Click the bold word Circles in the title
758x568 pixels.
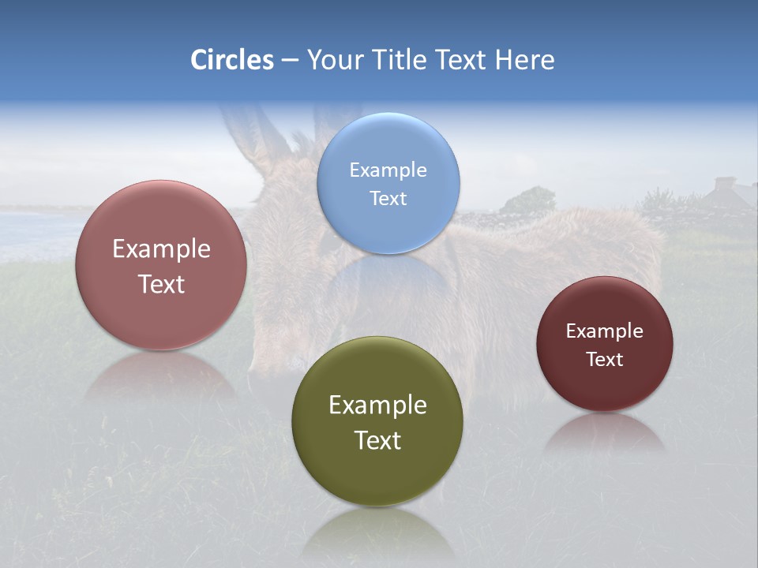(x=232, y=60)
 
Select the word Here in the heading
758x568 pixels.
(x=524, y=60)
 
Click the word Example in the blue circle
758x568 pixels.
(x=388, y=170)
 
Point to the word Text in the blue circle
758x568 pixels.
(x=388, y=198)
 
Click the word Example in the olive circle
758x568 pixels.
(x=377, y=405)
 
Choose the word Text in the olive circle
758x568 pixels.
(x=377, y=440)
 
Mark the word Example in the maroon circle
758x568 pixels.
(x=605, y=331)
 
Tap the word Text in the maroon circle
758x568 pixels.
(x=605, y=359)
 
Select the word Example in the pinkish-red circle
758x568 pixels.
(x=161, y=248)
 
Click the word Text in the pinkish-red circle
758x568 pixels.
(x=161, y=284)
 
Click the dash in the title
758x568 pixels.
(x=290, y=61)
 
